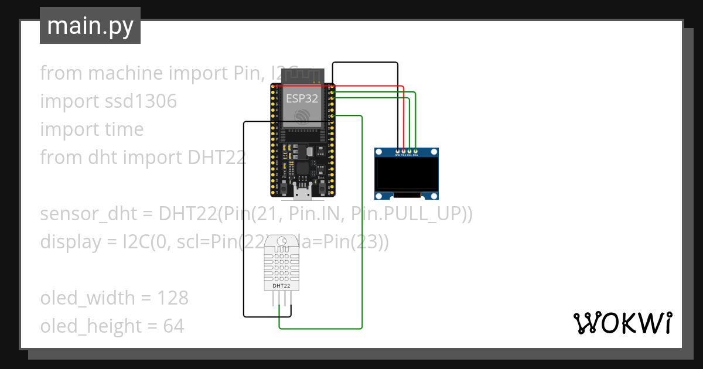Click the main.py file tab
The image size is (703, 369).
90,26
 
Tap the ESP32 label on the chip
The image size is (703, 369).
302,98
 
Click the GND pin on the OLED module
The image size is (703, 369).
398,151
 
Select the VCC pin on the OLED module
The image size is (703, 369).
404,151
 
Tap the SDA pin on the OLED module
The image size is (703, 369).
415,151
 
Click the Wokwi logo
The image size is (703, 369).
622,323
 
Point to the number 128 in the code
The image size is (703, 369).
173,298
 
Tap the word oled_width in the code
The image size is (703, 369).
87,298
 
